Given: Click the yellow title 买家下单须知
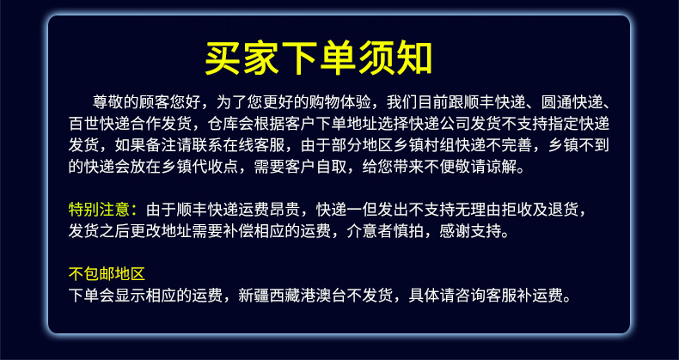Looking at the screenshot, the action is [318, 58].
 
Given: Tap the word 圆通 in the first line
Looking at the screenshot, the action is [556, 102].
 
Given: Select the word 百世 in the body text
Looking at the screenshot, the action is [83, 125].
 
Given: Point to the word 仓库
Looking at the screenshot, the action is [223, 125].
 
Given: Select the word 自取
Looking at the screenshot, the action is [331, 167].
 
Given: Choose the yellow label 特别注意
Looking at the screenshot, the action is [99, 210].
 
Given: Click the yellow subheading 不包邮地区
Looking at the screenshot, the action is [107, 274].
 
